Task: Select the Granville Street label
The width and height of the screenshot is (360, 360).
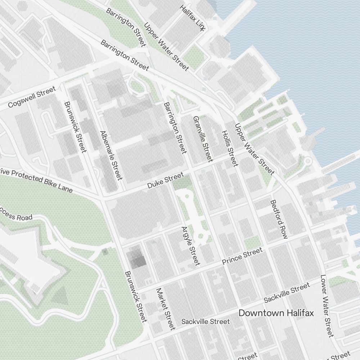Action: click(x=203, y=139)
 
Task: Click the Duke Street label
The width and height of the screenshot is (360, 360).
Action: click(x=165, y=182)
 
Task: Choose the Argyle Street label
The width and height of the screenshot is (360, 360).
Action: click(x=191, y=246)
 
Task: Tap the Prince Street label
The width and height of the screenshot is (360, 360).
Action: click(x=242, y=256)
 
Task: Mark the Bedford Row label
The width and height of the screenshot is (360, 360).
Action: click(x=279, y=219)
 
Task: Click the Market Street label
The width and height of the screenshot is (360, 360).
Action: click(x=166, y=309)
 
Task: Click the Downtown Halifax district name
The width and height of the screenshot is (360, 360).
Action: click(x=276, y=313)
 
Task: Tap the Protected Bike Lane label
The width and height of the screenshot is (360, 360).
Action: click(x=36, y=180)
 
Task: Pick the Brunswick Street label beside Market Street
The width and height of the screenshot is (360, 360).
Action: click(x=136, y=296)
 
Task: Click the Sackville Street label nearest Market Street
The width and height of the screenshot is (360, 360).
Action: click(x=205, y=321)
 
